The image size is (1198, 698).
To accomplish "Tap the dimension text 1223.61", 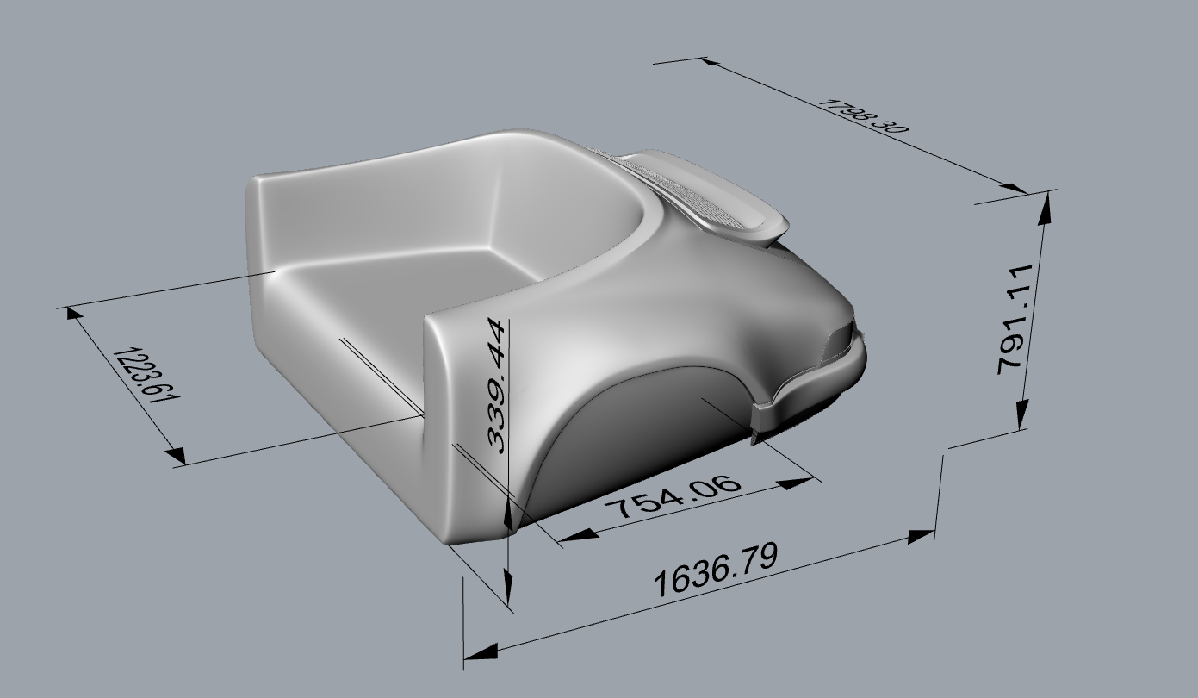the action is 147,374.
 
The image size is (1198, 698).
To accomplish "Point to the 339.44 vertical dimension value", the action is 496,385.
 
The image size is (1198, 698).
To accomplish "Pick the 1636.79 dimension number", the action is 717,570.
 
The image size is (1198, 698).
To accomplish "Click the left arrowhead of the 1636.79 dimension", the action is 481,652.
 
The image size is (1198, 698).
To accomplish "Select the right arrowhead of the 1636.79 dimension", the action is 922,536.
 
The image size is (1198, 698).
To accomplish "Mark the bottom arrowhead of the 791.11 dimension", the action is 1021,412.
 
